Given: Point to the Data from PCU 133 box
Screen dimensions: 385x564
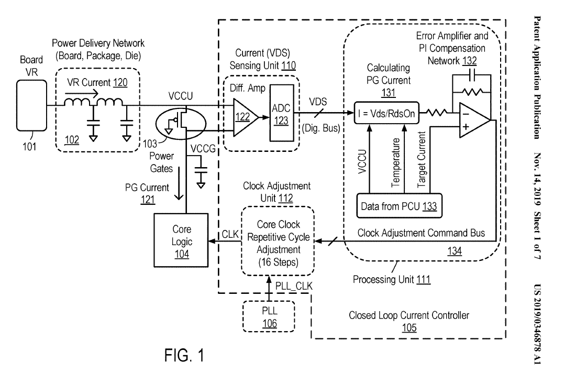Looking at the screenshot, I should coord(398,205).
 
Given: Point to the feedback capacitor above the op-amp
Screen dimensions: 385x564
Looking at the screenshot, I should coord(473,74).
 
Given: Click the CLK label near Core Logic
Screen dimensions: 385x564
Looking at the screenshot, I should coord(229,235).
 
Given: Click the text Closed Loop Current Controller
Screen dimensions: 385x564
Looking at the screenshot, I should coord(409,315).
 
